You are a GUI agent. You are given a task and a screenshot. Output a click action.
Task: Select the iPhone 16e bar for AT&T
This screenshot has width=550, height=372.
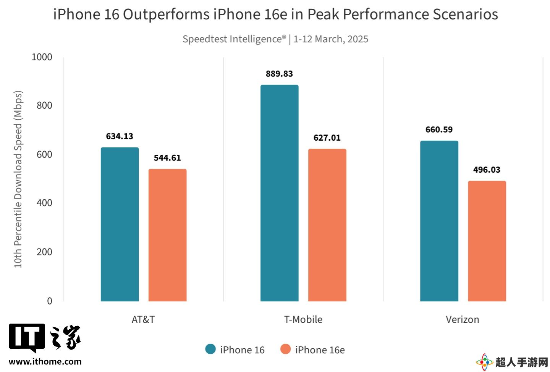167,235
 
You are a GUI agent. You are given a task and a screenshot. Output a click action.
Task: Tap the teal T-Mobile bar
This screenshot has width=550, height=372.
279,193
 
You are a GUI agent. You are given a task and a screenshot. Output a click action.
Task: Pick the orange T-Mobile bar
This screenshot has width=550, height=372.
327,225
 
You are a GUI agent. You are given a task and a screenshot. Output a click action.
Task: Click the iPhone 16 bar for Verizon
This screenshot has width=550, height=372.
439,221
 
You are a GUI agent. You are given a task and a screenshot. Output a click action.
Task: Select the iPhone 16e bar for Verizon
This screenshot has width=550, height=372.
487,241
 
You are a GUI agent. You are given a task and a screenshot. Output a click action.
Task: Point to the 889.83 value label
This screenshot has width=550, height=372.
279,74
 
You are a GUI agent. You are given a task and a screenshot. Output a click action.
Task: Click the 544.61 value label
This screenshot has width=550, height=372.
167,158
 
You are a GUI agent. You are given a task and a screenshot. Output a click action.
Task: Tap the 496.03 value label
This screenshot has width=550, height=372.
487,170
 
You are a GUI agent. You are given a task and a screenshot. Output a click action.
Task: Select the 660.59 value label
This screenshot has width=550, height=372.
439,130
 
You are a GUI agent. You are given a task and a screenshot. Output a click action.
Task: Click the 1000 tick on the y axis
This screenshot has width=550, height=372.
42,57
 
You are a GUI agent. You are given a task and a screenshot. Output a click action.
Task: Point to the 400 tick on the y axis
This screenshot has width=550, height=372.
44,203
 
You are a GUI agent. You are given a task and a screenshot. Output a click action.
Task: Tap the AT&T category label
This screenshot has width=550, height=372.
143,319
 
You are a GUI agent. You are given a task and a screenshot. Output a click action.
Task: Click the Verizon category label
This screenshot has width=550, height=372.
462,319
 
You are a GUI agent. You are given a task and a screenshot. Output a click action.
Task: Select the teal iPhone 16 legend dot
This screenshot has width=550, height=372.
210,349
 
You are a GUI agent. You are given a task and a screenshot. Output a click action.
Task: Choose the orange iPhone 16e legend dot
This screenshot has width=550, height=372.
285,349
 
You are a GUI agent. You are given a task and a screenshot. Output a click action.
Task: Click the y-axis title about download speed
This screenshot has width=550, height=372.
18,179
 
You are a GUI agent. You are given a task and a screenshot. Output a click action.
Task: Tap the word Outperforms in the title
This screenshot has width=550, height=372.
166,14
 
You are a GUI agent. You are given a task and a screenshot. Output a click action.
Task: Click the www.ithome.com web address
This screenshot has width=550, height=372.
45,362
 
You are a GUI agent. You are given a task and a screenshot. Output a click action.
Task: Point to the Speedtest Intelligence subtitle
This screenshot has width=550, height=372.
275,39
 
